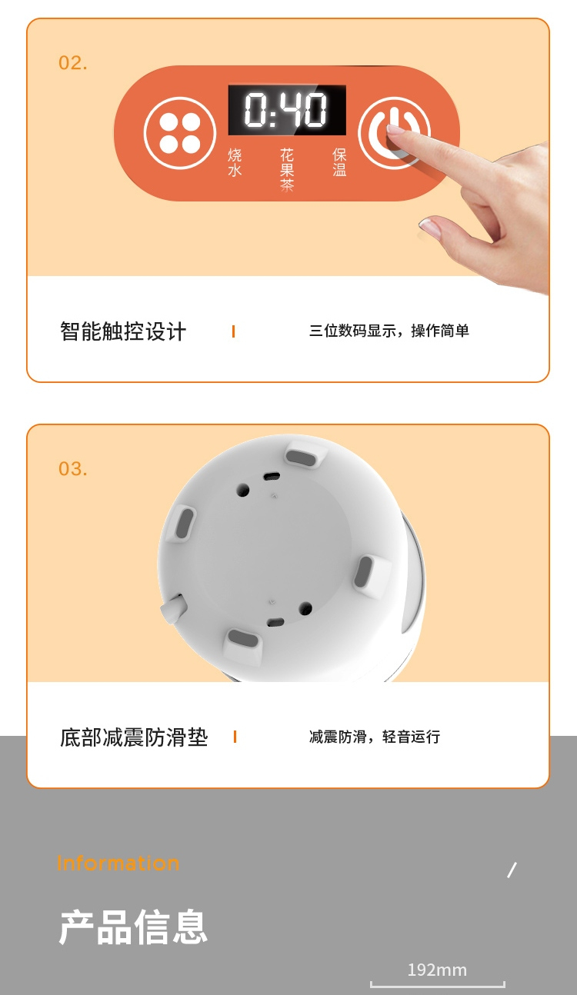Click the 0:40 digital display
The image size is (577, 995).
click(287, 110)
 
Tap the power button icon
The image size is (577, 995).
click(394, 132)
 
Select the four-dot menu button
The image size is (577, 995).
click(179, 133)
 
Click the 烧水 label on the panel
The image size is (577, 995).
click(235, 162)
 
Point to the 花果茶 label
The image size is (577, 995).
click(287, 170)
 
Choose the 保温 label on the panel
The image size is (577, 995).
click(339, 162)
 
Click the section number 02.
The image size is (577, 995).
click(73, 63)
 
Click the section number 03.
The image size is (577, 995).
click(73, 469)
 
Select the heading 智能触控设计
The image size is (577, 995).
click(123, 331)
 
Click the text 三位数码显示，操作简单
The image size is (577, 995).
click(389, 331)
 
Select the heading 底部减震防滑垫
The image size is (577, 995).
click(134, 737)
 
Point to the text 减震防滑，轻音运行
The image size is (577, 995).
click(375, 737)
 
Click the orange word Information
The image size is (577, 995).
click(118, 863)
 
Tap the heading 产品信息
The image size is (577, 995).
click(133, 927)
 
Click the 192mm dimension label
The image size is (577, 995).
click(438, 970)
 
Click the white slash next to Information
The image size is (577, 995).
click(512, 870)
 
